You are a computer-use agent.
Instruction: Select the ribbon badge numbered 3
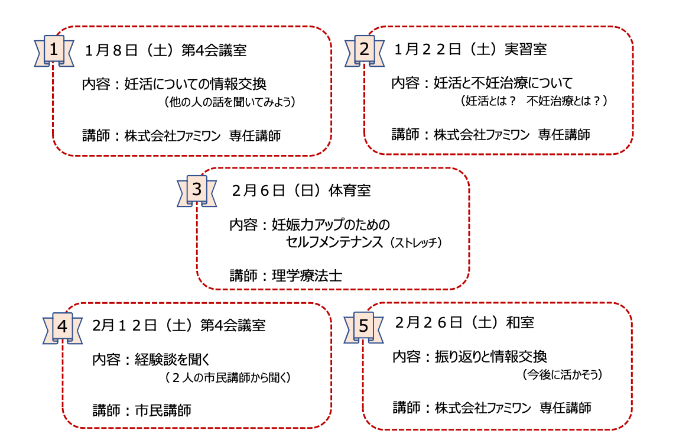coord(197,189)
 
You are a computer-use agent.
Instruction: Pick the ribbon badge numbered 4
coord(63,326)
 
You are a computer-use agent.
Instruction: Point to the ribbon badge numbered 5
coord(363,326)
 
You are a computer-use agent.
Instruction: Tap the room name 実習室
coord(526,50)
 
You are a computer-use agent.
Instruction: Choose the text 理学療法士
coord(307,275)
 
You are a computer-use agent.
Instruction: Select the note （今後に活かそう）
coord(562,374)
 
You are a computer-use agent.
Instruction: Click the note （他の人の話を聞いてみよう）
coord(230,102)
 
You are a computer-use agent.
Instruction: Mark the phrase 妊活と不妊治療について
coord(503,82)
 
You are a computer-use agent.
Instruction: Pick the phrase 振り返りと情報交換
coord(490,357)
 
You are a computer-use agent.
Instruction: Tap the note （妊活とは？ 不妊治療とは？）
coord(534,101)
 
